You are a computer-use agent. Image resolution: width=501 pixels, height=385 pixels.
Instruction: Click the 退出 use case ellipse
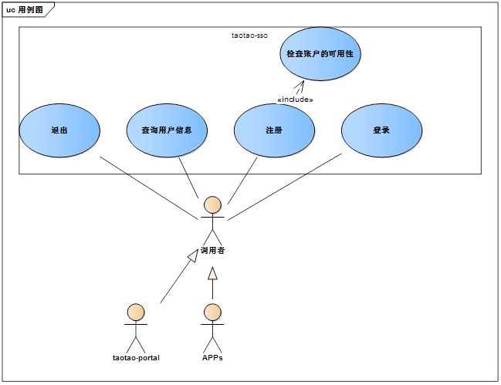(59, 130)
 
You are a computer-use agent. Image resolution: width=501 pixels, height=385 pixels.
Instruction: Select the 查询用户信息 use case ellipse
(167, 130)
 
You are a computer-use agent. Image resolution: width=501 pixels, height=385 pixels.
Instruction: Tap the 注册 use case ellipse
(274, 130)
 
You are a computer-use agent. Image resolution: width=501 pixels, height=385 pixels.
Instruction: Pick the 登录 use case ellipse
(381, 130)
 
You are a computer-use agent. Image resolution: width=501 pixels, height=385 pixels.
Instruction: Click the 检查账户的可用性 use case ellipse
(320, 54)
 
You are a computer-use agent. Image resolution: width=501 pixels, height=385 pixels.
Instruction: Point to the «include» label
(295, 100)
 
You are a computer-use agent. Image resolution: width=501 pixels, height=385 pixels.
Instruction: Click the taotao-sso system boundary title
(249, 35)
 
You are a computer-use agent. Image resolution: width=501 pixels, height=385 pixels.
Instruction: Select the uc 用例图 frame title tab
(25, 9)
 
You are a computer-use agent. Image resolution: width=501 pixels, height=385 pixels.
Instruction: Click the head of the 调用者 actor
(212, 204)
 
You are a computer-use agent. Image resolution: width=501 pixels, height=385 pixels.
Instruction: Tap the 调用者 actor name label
(212, 251)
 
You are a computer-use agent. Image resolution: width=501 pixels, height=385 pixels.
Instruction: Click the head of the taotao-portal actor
(136, 312)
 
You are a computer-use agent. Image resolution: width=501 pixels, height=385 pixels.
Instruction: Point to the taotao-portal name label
(136, 358)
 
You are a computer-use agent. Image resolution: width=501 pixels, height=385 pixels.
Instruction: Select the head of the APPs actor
(212, 312)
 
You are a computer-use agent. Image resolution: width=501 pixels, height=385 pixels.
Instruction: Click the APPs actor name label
(212, 358)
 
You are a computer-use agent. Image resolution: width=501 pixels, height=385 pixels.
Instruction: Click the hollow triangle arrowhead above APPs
(212, 273)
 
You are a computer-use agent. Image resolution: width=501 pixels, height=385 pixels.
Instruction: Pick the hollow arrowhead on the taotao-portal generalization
(193, 255)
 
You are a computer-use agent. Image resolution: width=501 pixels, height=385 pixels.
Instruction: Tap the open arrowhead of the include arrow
(300, 85)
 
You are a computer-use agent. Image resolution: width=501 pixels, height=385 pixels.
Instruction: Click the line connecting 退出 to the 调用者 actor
(149, 188)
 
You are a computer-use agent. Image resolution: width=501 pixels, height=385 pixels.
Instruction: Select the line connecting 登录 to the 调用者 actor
(285, 187)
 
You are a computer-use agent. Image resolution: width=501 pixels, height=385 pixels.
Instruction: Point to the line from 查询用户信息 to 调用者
(188, 177)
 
